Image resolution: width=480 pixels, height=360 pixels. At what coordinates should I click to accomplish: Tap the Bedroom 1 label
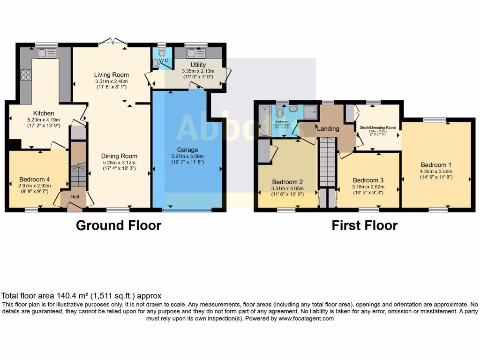pyautogui.click(x=436, y=165)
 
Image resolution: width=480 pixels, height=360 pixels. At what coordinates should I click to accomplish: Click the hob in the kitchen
pyautogui.click(x=26, y=75)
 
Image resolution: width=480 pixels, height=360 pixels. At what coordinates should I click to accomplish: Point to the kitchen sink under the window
pyautogui.click(x=47, y=53)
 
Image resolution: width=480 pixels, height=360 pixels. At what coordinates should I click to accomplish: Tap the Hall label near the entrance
pyautogui.click(x=75, y=197)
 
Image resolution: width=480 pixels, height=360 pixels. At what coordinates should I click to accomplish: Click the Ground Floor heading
pyautogui.click(x=119, y=225)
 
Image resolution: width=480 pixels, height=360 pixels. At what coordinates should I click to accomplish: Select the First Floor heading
pyautogui.click(x=364, y=225)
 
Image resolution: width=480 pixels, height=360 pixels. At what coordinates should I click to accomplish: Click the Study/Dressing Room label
pyautogui.click(x=377, y=127)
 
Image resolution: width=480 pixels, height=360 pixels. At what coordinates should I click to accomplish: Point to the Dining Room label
pyautogui.click(x=120, y=157)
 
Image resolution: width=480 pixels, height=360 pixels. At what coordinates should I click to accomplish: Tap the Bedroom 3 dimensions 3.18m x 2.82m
pyautogui.click(x=368, y=187)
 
